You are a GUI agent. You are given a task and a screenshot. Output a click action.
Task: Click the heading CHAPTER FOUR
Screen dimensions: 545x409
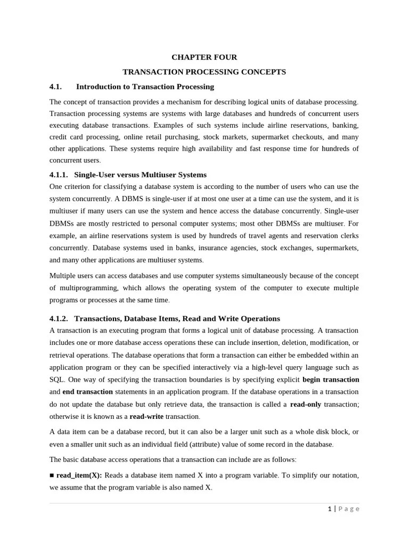pos(204,57)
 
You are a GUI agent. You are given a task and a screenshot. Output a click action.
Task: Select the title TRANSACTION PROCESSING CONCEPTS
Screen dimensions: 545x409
pos(204,72)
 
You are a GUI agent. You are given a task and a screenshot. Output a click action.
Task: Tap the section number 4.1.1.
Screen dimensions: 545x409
pos(59,175)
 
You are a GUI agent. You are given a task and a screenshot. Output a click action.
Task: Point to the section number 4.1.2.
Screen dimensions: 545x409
pos(59,318)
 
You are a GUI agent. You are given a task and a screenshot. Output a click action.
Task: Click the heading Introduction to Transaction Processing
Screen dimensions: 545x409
pos(145,86)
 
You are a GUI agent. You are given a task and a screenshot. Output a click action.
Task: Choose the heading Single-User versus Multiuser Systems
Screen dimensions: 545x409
pos(140,175)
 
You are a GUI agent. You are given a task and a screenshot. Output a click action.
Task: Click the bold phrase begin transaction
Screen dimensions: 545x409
pos(331,379)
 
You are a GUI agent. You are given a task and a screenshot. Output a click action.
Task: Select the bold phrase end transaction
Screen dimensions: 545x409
pos(87,392)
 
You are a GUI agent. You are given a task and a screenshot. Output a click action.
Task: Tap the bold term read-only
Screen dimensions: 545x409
pos(306,404)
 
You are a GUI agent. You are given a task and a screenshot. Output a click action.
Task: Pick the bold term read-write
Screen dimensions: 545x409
pos(146,416)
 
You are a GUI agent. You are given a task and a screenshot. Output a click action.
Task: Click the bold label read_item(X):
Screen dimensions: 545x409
pos(79,475)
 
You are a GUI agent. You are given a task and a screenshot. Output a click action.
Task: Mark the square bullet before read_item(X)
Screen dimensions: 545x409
pos(52,475)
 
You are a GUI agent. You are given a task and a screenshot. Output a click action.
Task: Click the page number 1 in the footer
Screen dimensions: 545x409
pos(330,509)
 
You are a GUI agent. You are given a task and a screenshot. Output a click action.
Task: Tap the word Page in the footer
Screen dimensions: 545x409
pos(349,509)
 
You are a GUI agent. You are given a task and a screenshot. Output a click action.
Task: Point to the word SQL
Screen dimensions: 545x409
pos(57,379)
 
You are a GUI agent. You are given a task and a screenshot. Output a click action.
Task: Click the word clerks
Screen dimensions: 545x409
pos(348,236)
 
